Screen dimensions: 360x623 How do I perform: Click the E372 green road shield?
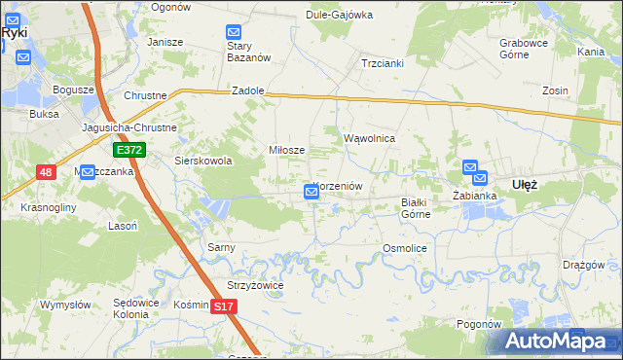coord(128,150)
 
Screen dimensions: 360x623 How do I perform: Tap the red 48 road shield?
coord(47,172)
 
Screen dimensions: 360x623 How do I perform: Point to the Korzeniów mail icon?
coord(311,193)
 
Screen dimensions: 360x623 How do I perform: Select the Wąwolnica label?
coord(369,138)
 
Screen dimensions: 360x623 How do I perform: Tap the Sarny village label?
coord(221,247)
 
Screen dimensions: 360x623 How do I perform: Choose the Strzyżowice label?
coord(254,285)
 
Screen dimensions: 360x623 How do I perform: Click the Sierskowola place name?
coord(202,161)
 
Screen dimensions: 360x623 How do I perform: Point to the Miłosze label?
coord(287,150)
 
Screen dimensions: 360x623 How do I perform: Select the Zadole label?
coord(248,90)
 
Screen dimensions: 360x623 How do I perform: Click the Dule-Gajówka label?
coord(340,15)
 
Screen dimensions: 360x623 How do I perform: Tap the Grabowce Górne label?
coord(525,49)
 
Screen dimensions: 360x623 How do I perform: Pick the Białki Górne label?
coord(416,207)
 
